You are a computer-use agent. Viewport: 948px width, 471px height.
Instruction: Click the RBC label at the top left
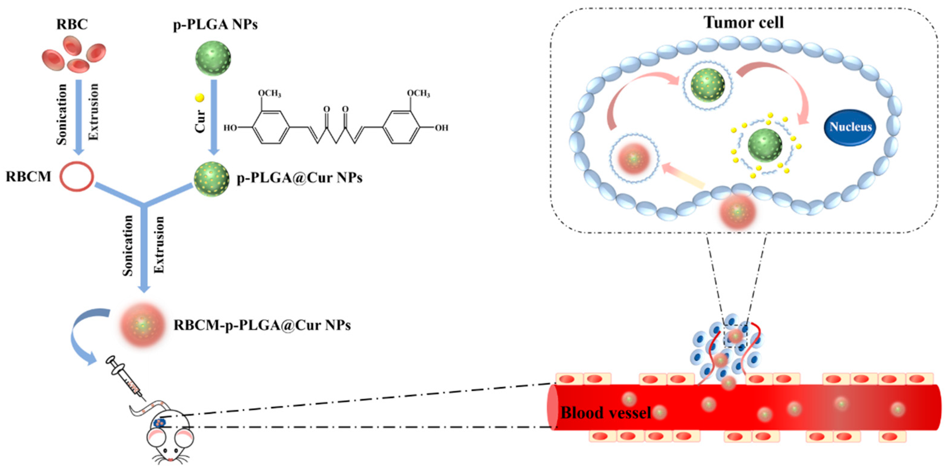point(72,24)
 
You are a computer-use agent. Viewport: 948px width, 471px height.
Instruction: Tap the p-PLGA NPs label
point(215,24)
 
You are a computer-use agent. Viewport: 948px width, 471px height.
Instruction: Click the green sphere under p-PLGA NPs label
point(213,58)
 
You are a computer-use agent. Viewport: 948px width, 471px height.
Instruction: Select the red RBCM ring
point(77,177)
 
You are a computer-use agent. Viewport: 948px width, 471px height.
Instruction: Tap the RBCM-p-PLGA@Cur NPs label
point(262,325)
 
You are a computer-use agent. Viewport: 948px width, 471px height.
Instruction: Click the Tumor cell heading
point(744,23)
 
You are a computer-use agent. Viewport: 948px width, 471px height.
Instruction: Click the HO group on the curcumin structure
point(230,128)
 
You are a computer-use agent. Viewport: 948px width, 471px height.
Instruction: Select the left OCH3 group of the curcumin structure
point(269,93)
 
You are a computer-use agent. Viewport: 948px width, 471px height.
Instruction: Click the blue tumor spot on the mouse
point(159,423)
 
